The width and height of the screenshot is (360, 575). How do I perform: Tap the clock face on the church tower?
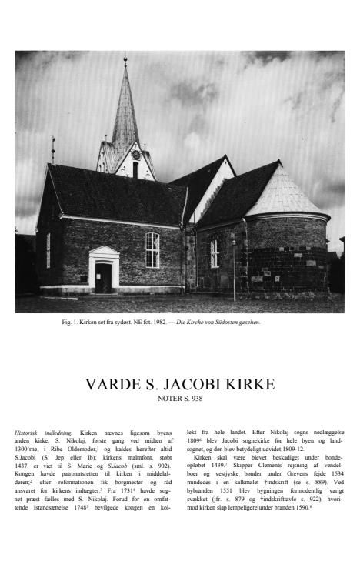coord(135,155)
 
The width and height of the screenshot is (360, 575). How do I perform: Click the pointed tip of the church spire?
coord(125,60)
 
